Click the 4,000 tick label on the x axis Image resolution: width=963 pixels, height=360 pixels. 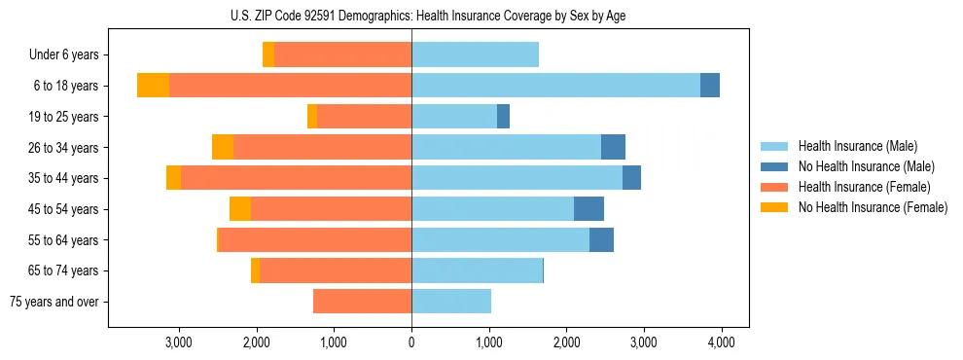[x=721, y=342]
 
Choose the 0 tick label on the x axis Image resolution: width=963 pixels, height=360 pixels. [x=411, y=342]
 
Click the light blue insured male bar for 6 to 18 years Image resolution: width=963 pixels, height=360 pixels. [x=555, y=86]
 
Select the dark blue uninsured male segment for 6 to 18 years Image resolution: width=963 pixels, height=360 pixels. [x=710, y=86]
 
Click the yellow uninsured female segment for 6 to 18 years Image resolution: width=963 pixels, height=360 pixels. [x=153, y=86]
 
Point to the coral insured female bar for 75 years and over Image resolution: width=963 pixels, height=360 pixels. [x=362, y=302]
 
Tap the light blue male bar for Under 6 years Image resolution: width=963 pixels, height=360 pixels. [x=475, y=55]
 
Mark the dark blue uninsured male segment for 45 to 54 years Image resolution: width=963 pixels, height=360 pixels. [x=588, y=209]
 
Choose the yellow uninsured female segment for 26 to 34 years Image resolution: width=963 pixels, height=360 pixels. [x=223, y=148]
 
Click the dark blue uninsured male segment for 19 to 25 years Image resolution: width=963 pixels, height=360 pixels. [x=503, y=117]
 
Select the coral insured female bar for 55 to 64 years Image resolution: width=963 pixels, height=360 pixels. [x=315, y=240]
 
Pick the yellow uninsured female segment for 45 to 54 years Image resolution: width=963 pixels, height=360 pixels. [x=240, y=209]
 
